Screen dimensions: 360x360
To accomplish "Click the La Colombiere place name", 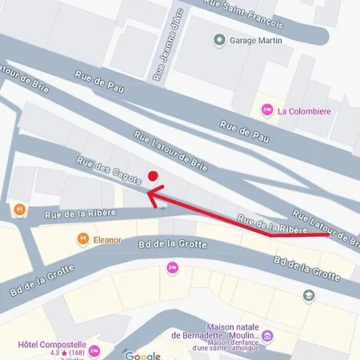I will coord(305,110).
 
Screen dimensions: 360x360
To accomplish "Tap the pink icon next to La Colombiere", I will coord(267,110).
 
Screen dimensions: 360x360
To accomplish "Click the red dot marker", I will coord(153,177).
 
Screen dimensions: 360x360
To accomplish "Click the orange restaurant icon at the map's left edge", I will coord(18,210).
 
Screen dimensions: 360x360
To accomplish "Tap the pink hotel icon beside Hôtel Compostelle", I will coord(95,350).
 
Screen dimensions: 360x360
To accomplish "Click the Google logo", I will coord(143,355).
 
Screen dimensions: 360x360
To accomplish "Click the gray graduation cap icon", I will coord(309,295).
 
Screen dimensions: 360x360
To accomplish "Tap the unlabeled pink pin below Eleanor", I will coord(171,268).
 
